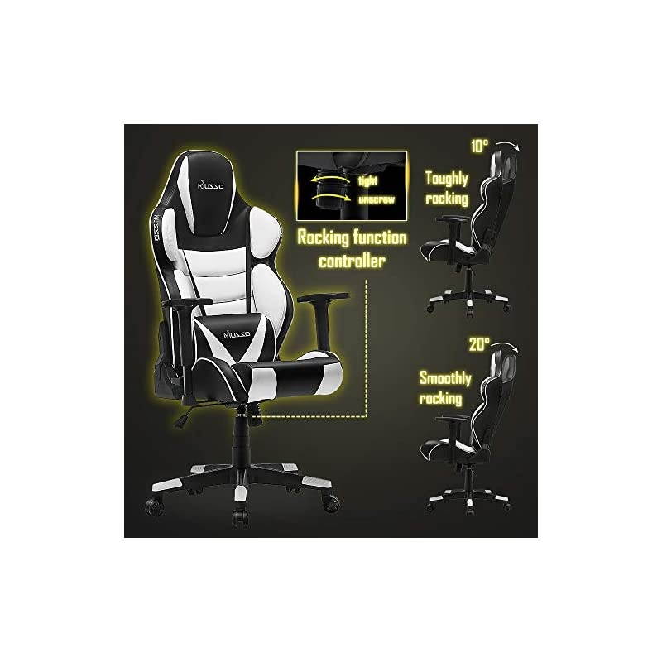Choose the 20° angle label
coord(479,341)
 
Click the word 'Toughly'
coord(447,178)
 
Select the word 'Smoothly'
coord(445,379)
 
